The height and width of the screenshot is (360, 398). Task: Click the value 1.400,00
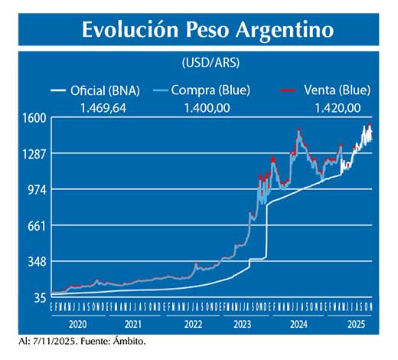click(x=207, y=108)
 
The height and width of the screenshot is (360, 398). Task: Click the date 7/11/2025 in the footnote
click(x=49, y=341)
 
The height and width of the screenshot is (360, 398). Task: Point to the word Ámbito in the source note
click(x=126, y=341)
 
